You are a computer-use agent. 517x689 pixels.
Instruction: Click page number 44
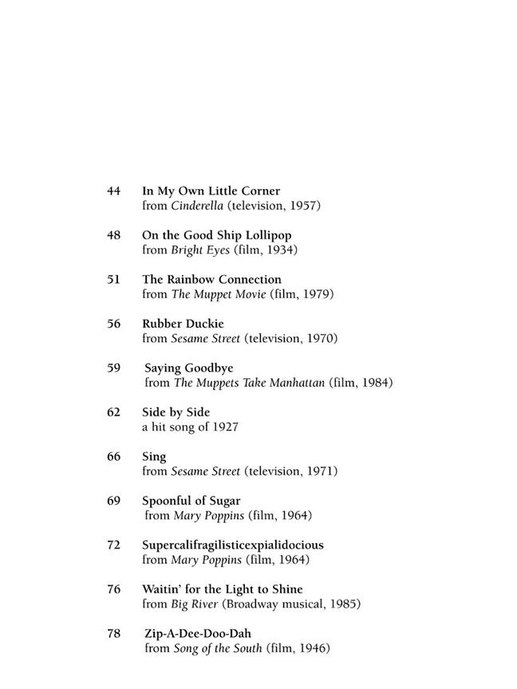click(x=113, y=191)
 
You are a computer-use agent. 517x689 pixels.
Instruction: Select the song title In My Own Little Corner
click(x=211, y=191)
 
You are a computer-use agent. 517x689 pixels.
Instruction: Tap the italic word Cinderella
click(x=197, y=206)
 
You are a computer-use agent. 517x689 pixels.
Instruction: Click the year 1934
click(x=280, y=250)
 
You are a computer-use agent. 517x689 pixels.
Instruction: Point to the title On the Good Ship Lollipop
click(x=216, y=235)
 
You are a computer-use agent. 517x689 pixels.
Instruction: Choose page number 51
click(x=113, y=280)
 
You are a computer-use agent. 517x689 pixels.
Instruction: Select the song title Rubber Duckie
click(x=183, y=324)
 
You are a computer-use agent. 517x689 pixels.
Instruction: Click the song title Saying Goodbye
click(x=188, y=368)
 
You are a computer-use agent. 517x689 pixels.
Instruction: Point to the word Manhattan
click(x=294, y=383)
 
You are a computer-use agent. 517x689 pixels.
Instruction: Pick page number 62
click(x=113, y=412)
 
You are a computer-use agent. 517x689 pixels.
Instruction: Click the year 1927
click(x=223, y=427)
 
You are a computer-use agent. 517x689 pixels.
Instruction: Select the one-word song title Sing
click(x=154, y=457)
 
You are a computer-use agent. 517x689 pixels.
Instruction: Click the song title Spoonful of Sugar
click(x=191, y=501)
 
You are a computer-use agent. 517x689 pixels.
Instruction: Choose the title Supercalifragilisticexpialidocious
click(x=232, y=545)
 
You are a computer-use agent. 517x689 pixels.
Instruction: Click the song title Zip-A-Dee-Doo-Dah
click(x=198, y=634)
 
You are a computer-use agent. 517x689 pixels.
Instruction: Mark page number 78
click(x=113, y=634)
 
